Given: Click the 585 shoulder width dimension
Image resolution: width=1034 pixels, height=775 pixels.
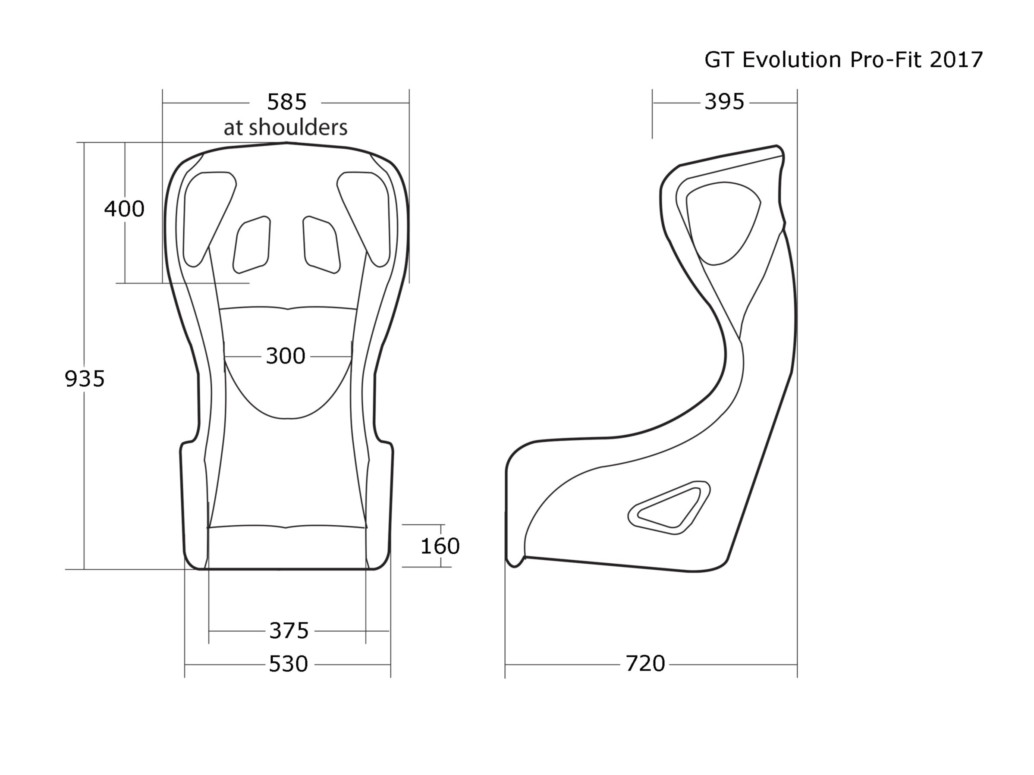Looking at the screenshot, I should [286, 102].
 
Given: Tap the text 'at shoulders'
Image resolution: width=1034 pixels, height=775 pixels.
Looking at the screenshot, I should [285, 128].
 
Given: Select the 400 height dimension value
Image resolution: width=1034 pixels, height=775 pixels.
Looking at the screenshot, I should [124, 209].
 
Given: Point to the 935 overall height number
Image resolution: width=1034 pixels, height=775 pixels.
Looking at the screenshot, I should [84, 379].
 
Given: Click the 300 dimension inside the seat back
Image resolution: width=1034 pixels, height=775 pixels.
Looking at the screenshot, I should [285, 356].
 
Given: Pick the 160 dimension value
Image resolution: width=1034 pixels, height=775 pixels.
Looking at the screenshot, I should [440, 546].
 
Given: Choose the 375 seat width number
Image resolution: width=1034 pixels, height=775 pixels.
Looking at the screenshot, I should [289, 631].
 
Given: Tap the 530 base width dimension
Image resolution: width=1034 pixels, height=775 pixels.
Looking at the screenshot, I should [288, 664].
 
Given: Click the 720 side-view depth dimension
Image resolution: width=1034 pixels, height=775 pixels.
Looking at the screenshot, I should [645, 663].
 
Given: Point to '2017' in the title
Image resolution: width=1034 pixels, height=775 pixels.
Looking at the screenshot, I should [956, 60].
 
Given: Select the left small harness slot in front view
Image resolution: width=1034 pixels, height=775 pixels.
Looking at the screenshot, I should [251, 245].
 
